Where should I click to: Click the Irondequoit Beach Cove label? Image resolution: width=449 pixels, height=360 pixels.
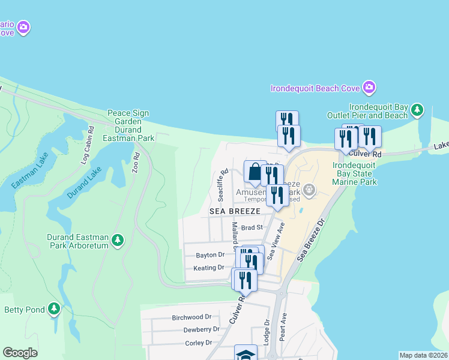click(x=315, y=88)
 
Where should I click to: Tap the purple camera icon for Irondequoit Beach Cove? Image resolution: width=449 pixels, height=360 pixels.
click(x=369, y=88)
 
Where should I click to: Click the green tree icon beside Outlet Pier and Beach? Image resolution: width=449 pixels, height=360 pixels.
click(x=417, y=110)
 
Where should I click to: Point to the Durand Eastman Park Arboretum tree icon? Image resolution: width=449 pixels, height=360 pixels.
click(x=118, y=241)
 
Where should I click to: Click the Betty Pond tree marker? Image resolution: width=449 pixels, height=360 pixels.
click(x=55, y=309)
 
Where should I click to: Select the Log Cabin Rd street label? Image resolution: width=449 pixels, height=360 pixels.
click(x=87, y=145)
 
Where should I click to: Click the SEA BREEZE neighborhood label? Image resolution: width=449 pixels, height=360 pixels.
click(x=235, y=211)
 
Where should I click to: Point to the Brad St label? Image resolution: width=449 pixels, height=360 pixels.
click(x=252, y=227)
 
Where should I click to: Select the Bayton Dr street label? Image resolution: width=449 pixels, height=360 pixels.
click(x=210, y=255)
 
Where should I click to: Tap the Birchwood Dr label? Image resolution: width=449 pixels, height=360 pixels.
click(x=191, y=317)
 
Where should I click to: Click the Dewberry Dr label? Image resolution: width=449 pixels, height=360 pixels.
click(x=201, y=329)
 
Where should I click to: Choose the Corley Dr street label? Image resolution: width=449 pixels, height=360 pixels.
click(x=199, y=343)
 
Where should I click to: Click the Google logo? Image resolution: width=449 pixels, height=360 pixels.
click(x=20, y=353)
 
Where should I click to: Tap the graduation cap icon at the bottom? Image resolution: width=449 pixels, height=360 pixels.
click(x=246, y=354)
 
